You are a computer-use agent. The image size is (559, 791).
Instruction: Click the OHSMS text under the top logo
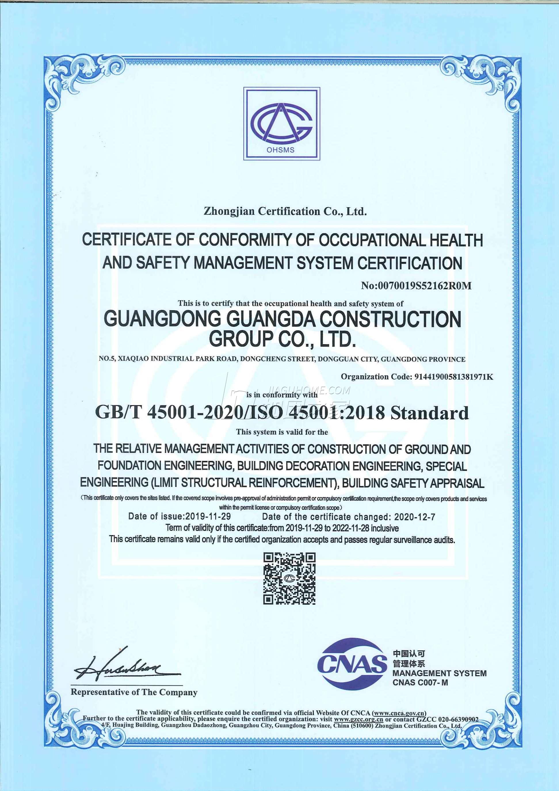click(x=280, y=150)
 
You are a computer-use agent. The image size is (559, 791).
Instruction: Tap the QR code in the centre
click(x=289, y=579)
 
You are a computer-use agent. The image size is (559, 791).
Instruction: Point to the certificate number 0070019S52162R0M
click(x=425, y=286)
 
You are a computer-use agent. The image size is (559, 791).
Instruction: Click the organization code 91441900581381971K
click(x=453, y=377)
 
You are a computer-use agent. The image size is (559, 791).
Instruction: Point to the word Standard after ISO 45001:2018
click(x=430, y=413)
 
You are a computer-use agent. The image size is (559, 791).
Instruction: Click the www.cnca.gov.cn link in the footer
click(x=399, y=713)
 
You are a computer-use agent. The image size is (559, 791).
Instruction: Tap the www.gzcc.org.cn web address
click(x=358, y=719)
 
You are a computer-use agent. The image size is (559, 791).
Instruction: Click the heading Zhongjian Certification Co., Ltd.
click(x=285, y=211)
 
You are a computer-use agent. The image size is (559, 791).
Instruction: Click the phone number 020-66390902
click(x=458, y=719)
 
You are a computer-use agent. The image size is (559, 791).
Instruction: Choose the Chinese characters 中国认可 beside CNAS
click(x=409, y=654)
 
